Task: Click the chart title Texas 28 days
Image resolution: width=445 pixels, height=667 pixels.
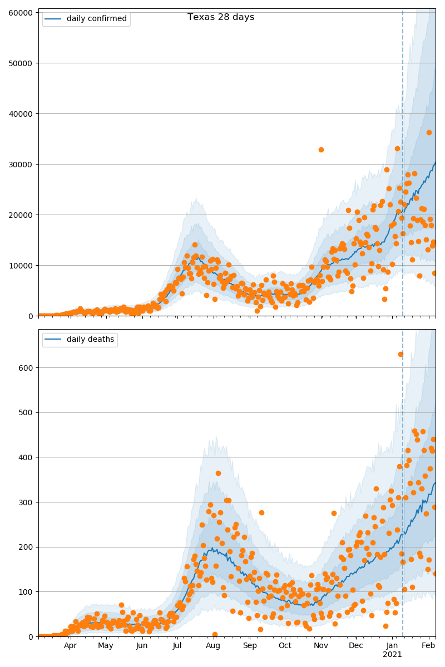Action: coord(221,17)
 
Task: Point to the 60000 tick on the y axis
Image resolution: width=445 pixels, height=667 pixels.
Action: coord(23,12)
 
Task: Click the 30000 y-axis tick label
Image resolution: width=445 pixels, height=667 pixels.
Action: coord(23,164)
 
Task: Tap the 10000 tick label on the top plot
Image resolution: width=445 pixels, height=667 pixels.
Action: coord(23,265)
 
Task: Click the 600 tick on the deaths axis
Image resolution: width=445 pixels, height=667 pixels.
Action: coord(27,367)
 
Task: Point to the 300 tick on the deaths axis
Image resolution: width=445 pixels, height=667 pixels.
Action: coord(27,502)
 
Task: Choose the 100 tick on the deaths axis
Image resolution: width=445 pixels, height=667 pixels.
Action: coord(27,592)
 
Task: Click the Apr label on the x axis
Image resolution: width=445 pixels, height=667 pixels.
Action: coord(70,646)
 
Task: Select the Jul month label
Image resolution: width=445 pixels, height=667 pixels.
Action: coord(177,646)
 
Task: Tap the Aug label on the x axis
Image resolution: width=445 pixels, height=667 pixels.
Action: coord(213,646)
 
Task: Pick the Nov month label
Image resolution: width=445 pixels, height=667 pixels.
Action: coord(321,646)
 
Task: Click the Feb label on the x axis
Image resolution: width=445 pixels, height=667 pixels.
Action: coord(428,646)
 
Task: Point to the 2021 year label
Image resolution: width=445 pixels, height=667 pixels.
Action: coord(392,655)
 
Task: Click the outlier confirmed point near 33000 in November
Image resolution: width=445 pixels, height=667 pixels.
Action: coord(321,150)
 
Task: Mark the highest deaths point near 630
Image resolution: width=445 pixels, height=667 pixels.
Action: coord(400,354)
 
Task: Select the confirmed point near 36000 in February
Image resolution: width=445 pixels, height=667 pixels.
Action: coord(429,132)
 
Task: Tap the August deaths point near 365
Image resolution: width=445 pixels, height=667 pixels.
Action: coord(218,473)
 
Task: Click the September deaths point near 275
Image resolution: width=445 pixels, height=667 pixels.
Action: coord(261,512)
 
